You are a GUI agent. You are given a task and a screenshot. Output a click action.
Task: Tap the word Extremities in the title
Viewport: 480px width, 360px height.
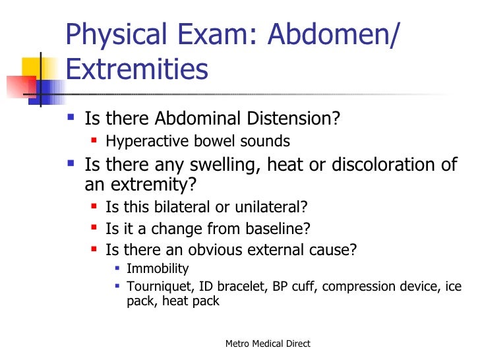tap(137, 69)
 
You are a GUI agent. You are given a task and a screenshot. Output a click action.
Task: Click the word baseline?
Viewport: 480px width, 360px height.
tap(282, 229)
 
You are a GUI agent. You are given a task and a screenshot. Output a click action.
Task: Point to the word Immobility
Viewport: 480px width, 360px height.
tap(158, 269)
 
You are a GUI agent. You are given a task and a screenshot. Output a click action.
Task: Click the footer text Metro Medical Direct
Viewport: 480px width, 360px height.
tap(268, 344)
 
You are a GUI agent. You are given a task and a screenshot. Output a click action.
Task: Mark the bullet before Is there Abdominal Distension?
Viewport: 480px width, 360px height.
tap(71, 119)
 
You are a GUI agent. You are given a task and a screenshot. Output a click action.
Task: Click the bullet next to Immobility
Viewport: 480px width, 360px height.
tap(117, 269)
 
